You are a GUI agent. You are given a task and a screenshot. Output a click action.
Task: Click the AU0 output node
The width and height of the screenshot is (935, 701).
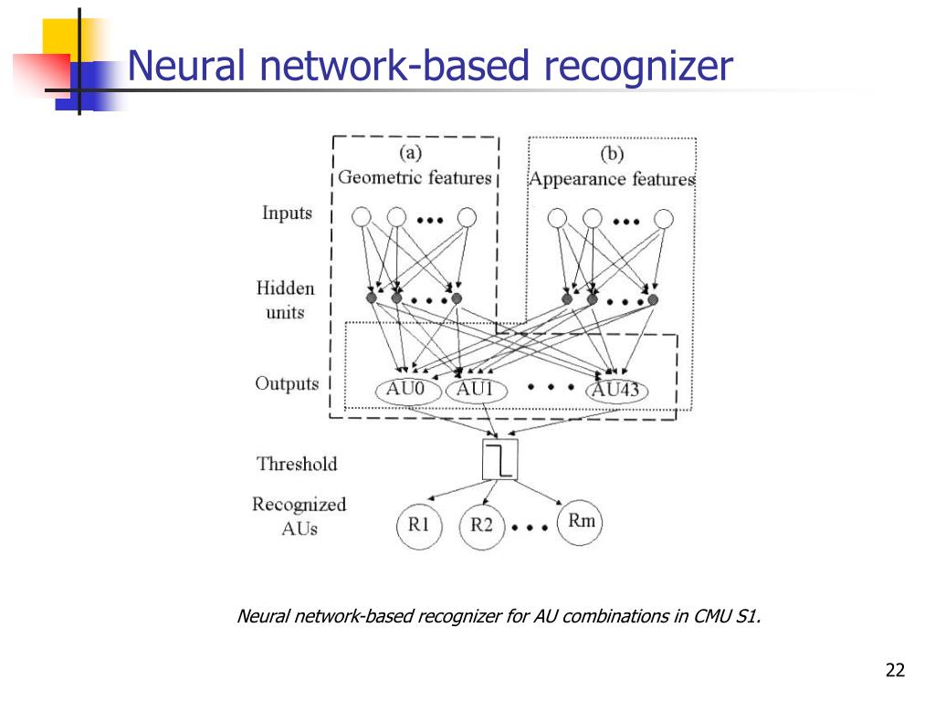pyautogui.click(x=408, y=391)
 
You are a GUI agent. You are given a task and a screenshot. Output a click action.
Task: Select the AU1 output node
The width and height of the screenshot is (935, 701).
pyautogui.click(x=477, y=391)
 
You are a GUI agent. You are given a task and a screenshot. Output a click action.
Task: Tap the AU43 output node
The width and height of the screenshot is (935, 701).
pyautogui.click(x=616, y=391)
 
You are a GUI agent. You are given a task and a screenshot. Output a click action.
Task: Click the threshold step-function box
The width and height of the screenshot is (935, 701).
pyautogui.click(x=499, y=460)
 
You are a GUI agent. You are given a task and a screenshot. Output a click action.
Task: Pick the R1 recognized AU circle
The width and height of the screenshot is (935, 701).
pyautogui.click(x=419, y=525)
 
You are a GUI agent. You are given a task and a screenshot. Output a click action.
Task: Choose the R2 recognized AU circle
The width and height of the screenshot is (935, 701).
pyautogui.click(x=482, y=526)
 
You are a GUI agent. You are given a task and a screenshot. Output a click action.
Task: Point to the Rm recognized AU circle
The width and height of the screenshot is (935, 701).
pyautogui.click(x=580, y=521)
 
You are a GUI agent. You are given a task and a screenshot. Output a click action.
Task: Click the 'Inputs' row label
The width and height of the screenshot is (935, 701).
pyautogui.click(x=287, y=214)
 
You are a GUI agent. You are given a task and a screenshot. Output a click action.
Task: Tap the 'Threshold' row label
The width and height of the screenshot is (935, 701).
pyautogui.click(x=297, y=464)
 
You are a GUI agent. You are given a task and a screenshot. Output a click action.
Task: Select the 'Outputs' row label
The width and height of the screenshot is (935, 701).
pyautogui.click(x=287, y=383)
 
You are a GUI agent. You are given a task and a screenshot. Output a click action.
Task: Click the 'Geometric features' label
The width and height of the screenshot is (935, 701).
pyautogui.click(x=415, y=178)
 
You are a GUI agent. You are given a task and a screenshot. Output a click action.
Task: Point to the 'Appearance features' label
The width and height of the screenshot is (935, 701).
pyautogui.click(x=613, y=180)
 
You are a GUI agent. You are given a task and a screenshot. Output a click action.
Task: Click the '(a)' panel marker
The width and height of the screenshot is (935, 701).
pyautogui.click(x=410, y=153)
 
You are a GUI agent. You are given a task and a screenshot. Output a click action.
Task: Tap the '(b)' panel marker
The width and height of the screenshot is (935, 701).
pyautogui.click(x=612, y=154)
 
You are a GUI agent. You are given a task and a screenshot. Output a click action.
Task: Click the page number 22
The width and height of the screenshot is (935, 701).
pyautogui.click(x=895, y=670)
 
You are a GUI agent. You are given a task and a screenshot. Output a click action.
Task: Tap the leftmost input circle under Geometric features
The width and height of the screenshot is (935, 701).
pyautogui.click(x=362, y=217)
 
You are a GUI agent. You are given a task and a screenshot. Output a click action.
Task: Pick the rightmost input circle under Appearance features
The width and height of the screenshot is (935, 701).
pyautogui.click(x=663, y=219)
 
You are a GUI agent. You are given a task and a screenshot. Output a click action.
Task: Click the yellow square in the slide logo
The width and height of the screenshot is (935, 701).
pyautogui.click(x=67, y=37)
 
